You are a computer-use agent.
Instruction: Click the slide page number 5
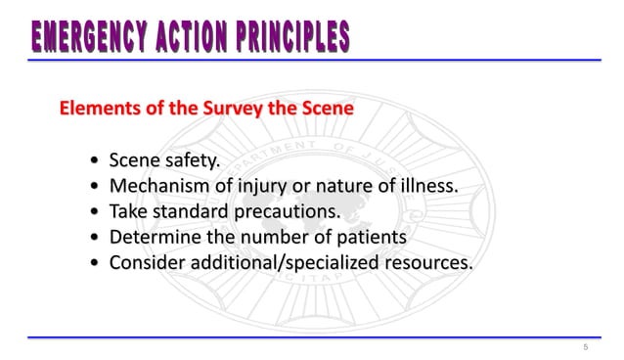585,347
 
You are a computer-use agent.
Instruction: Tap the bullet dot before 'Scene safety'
92,161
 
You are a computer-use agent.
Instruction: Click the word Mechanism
156,186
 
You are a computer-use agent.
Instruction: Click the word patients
374,237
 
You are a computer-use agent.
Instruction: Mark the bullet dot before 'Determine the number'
92,238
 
